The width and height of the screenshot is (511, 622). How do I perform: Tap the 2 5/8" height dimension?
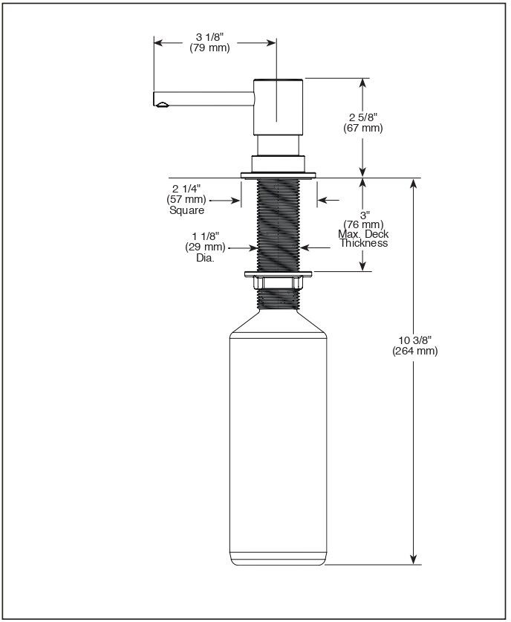pos(363,117)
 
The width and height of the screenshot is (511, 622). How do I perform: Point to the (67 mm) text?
pos(363,128)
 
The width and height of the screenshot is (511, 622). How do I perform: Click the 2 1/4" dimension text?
pos(186,189)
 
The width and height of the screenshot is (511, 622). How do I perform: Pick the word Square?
pos(186,210)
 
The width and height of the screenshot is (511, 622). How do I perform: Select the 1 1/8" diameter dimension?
pos(204,236)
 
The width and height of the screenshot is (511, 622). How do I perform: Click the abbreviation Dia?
pos(205,258)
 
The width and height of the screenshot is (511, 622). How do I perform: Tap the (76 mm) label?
pos(363,224)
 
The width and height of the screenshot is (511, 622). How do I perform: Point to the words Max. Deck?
pos(363,234)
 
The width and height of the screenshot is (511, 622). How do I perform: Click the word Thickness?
pos(364,243)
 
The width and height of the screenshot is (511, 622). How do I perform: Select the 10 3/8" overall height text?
pos(414,340)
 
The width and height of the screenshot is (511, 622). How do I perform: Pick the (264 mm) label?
pos(414,351)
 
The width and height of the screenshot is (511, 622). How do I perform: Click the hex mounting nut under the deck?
pos(279,282)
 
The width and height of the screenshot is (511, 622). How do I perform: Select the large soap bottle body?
pos(278,446)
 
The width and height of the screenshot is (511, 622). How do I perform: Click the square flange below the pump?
pos(279,175)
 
